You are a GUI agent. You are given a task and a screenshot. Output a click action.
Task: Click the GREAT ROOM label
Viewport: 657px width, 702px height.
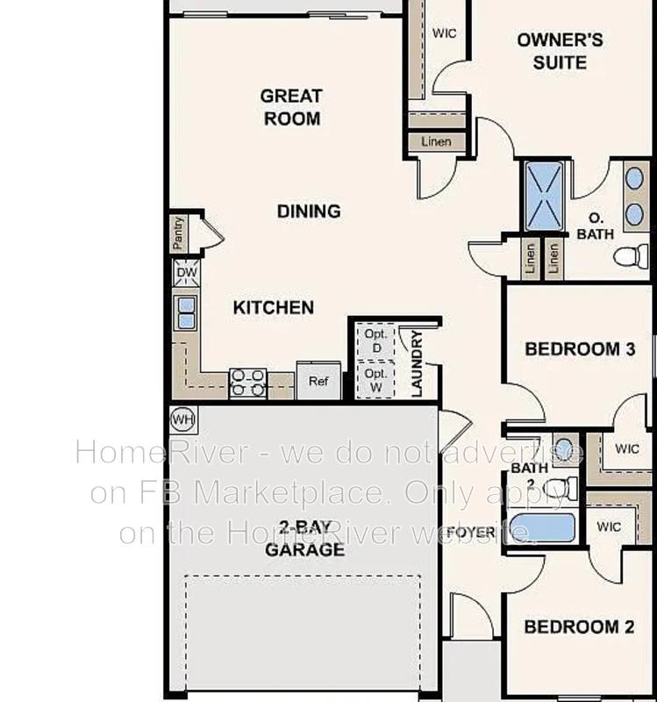click(x=291, y=107)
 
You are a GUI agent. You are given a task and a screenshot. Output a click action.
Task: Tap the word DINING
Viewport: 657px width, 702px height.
click(x=309, y=211)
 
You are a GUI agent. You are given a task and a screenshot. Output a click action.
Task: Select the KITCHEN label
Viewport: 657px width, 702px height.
click(x=274, y=308)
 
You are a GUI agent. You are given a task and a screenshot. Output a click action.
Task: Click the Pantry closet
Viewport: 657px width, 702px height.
click(x=178, y=233)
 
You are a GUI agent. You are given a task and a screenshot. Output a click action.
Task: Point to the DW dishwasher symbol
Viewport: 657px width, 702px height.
click(x=187, y=273)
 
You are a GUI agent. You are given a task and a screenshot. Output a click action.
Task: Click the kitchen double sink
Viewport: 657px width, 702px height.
click(x=187, y=313)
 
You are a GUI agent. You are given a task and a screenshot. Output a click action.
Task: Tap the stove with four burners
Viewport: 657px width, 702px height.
click(x=248, y=383)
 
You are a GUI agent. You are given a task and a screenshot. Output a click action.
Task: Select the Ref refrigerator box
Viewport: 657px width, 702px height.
click(x=318, y=381)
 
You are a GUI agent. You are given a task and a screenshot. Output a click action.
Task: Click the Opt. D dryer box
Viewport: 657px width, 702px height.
click(x=376, y=341)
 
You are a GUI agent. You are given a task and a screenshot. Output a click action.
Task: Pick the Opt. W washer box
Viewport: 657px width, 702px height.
click(x=376, y=380)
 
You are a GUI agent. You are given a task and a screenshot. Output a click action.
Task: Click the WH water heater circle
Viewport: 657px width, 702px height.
click(x=183, y=420)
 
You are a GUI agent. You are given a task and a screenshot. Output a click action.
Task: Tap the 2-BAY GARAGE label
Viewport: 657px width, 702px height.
click(x=304, y=539)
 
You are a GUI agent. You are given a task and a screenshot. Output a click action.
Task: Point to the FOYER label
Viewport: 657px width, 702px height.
click(x=471, y=533)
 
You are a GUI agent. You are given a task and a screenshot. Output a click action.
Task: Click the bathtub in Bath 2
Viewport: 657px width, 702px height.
click(x=542, y=527)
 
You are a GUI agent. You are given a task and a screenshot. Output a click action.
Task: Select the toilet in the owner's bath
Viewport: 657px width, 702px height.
click(x=631, y=256)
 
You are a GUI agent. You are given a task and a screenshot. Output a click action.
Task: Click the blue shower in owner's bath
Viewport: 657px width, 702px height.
click(x=544, y=196)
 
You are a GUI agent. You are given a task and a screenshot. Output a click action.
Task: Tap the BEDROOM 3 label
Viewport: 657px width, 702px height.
click(x=580, y=349)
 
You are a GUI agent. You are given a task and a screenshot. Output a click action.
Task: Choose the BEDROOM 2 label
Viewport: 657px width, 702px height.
click(x=579, y=627)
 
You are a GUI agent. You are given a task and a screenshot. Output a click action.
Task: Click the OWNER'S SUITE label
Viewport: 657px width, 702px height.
click(x=560, y=51)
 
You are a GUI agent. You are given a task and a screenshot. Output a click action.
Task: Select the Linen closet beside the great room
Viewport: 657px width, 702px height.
click(x=436, y=142)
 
